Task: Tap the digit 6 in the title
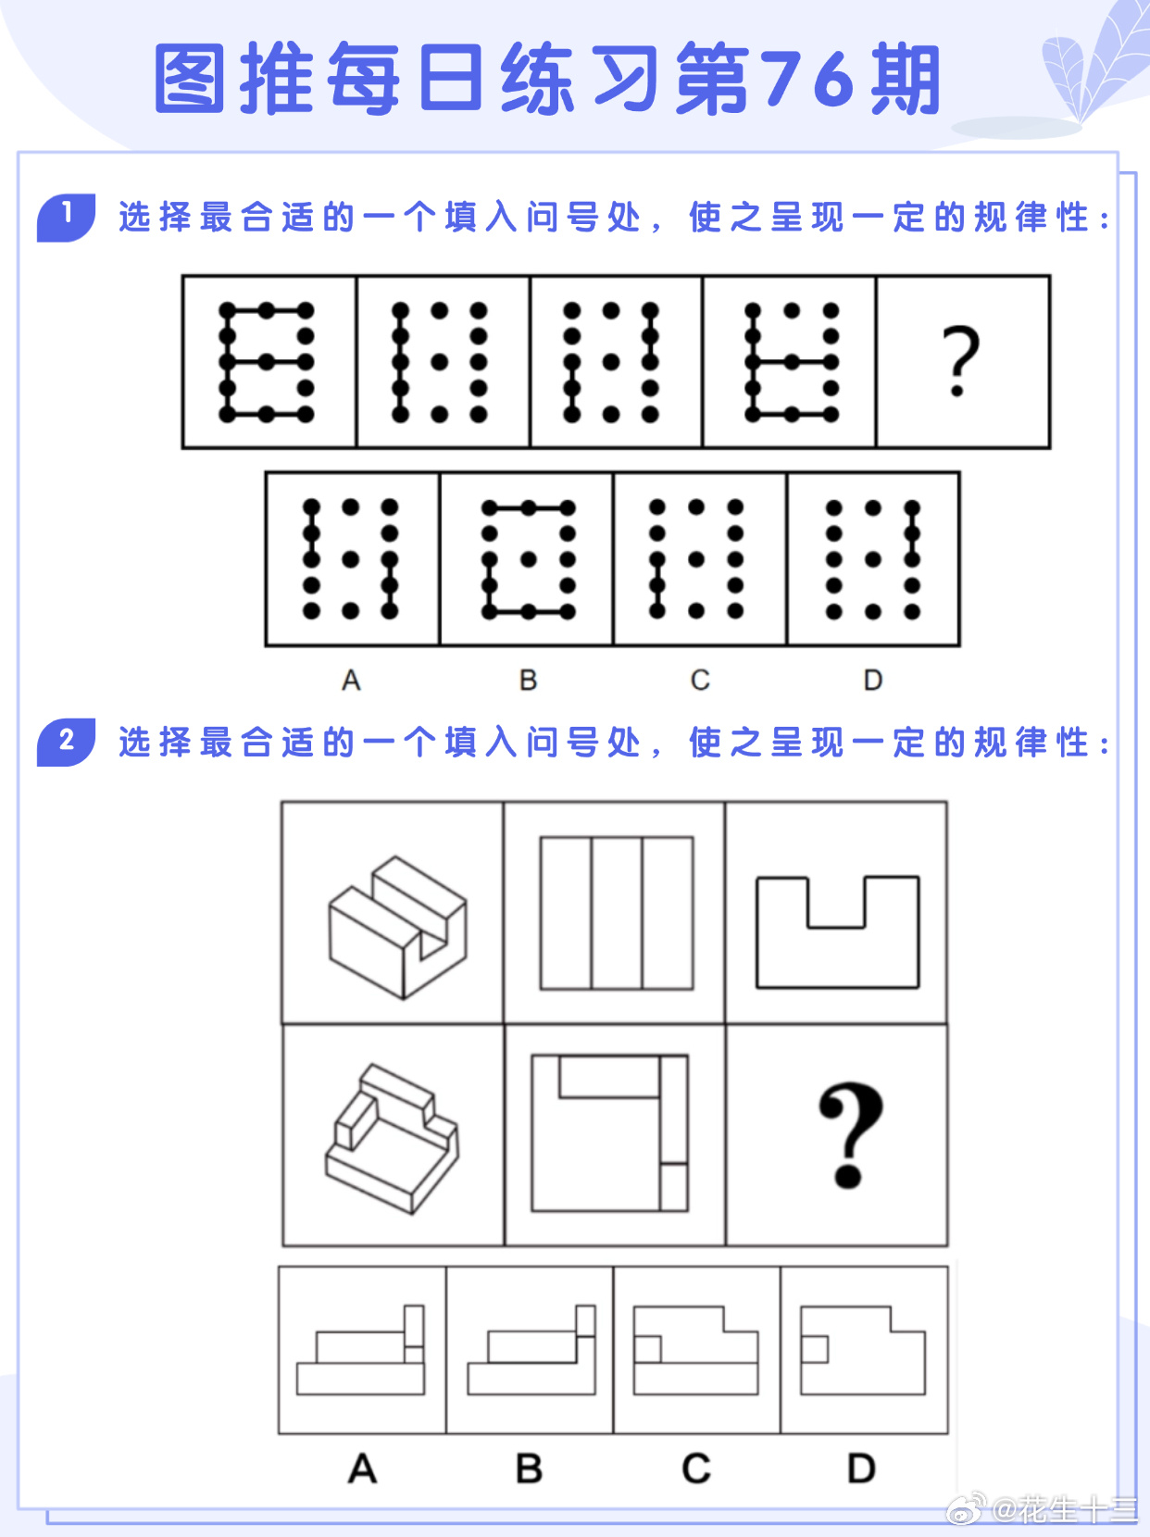(838, 79)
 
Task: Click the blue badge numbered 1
(66, 217)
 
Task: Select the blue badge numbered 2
(66, 742)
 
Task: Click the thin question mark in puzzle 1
(960, 360)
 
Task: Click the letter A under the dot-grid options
(351, 680)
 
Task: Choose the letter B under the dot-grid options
(529, 680)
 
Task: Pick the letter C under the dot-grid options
(700, 680)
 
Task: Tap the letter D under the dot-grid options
(873, 680)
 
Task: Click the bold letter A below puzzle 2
(363, 1468)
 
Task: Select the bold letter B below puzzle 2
(529, 1468)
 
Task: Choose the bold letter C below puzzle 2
(696, 1468)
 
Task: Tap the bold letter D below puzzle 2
(862, 1468)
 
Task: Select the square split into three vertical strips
(617, 913)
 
